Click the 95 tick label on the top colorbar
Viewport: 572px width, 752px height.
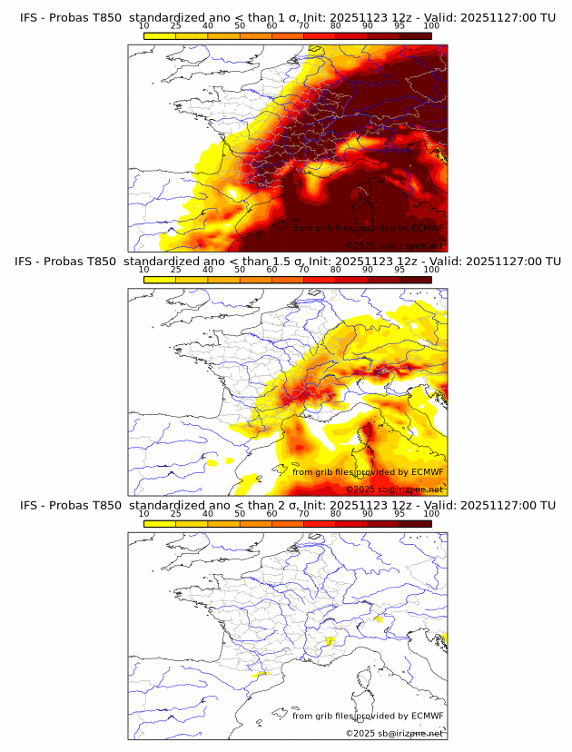[x=400, y=26]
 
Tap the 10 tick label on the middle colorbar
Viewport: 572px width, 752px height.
[x=143, y=270]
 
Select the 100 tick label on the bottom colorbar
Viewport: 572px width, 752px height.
[x=432, y=514]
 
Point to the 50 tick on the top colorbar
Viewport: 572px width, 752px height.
[x=240, y=26]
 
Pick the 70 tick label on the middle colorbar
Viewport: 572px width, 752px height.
[x=304, y=270]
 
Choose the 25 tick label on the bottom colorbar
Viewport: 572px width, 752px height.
[x=175, y=514]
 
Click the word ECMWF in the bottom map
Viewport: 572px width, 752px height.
[x=427, y=716]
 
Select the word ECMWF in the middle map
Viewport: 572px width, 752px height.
[x=427, y=471]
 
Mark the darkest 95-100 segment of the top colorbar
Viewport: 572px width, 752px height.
[x=416, y=35]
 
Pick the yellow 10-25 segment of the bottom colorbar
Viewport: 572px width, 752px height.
[x=160, y=523]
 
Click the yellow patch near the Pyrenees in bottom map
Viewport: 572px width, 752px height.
[x=261, y=674]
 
